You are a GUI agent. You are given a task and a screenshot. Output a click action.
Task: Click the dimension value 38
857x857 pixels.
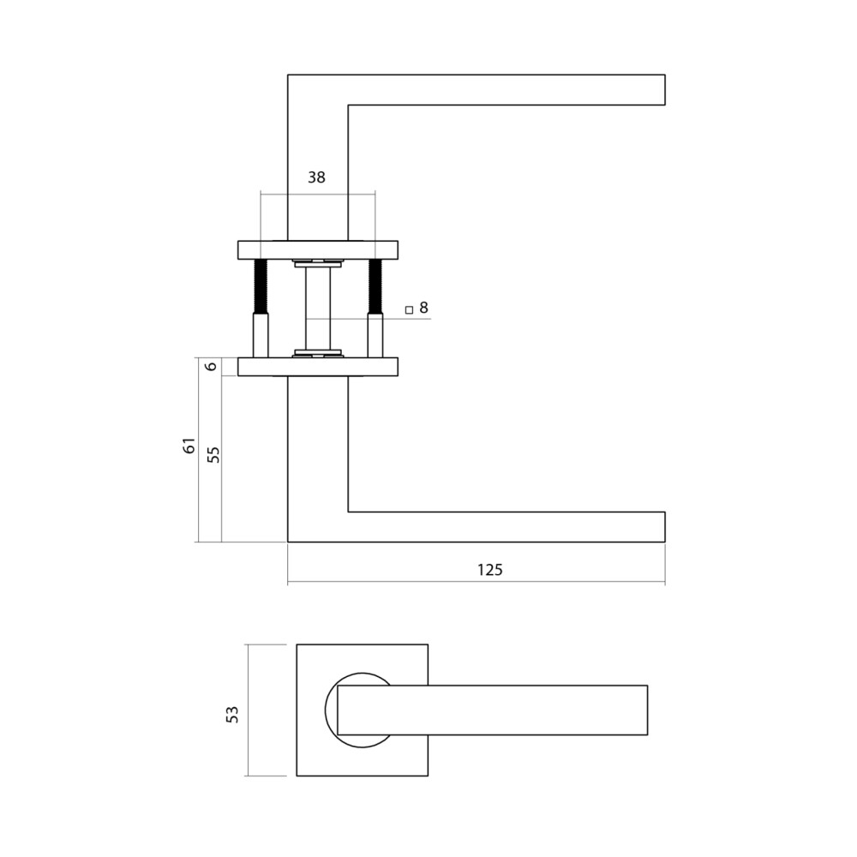pyautogui.click(x=316, y=177)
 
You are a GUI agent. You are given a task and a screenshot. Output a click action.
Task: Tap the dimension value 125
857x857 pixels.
pyautogui.click(x=489, y=569)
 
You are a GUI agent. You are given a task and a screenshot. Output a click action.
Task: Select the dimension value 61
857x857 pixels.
pyautogui.click(x=190, y=446)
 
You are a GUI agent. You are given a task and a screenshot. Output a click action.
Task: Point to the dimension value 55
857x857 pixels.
pyautogui.click(x=214, y=453)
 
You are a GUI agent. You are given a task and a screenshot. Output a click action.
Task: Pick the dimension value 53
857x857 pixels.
pyautogui.click(x=232, y=713)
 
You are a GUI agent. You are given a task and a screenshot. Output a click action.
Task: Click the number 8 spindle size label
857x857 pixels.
pyautogui.click(x=423, y=307)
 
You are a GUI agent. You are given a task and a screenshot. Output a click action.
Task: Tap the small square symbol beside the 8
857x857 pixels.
pyautogui.click(x=409, y=309)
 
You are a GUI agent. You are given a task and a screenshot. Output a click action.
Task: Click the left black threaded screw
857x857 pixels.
pyautogui.click(x=261, y=286)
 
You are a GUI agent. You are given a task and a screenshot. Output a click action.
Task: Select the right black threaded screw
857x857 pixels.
pyautogui.click(x=375, y=286)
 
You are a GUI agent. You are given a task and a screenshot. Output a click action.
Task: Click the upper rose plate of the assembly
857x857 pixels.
pyautogui.click(x=318, y=249)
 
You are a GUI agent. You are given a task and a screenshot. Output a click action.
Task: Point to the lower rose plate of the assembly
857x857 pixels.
pyautogui.click(x=318, y=367)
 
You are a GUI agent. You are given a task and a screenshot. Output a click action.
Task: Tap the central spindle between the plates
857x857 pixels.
pyautogui.click(x=318, y=309)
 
